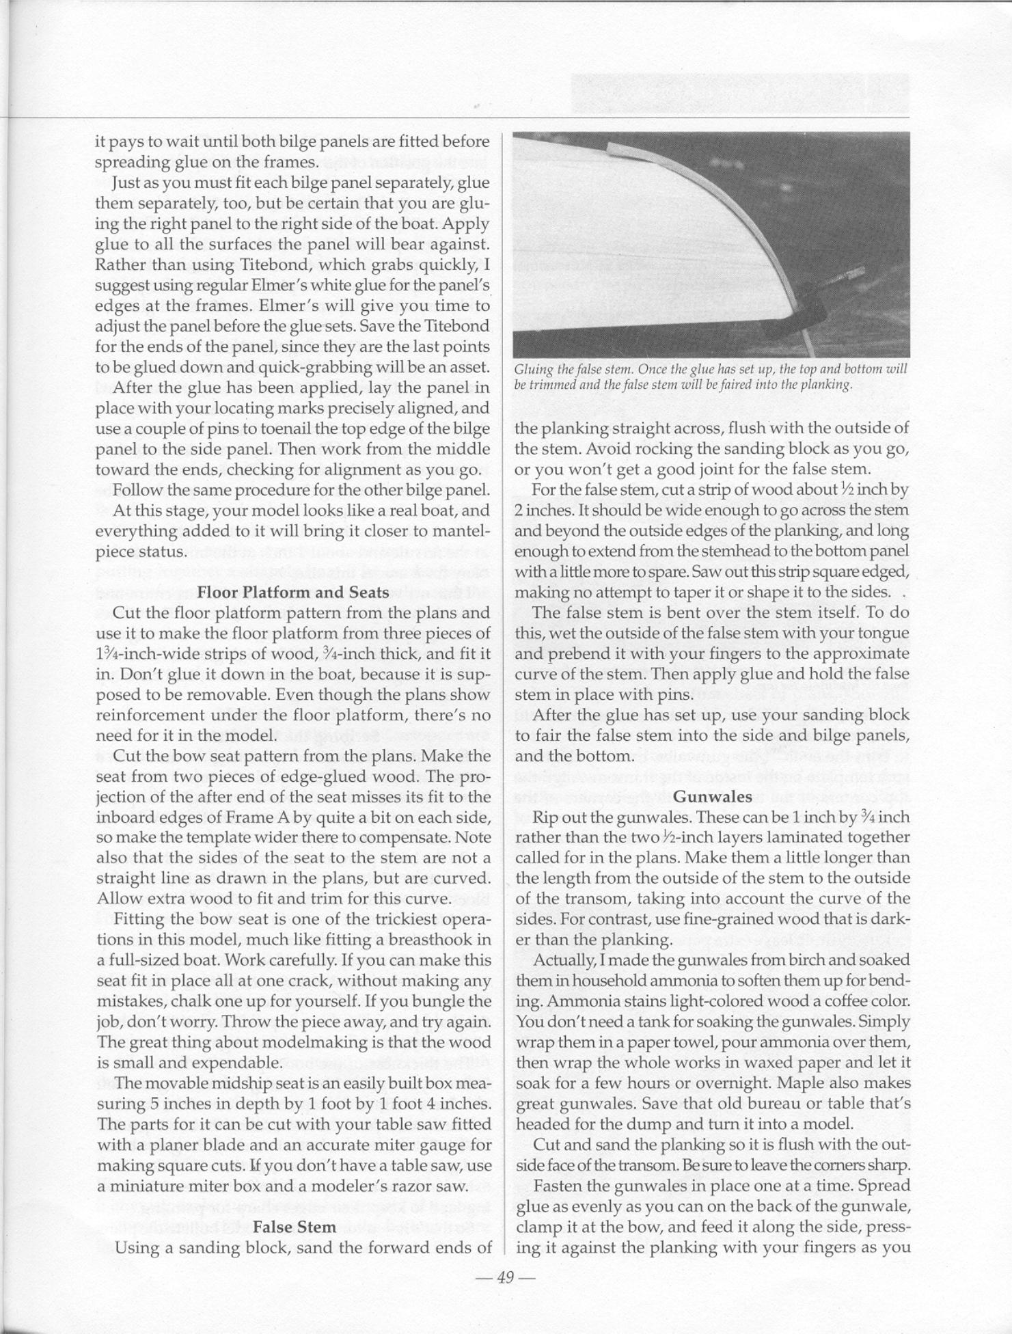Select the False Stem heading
(x=294, y=1227)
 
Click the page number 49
(x=506, y=1277)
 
